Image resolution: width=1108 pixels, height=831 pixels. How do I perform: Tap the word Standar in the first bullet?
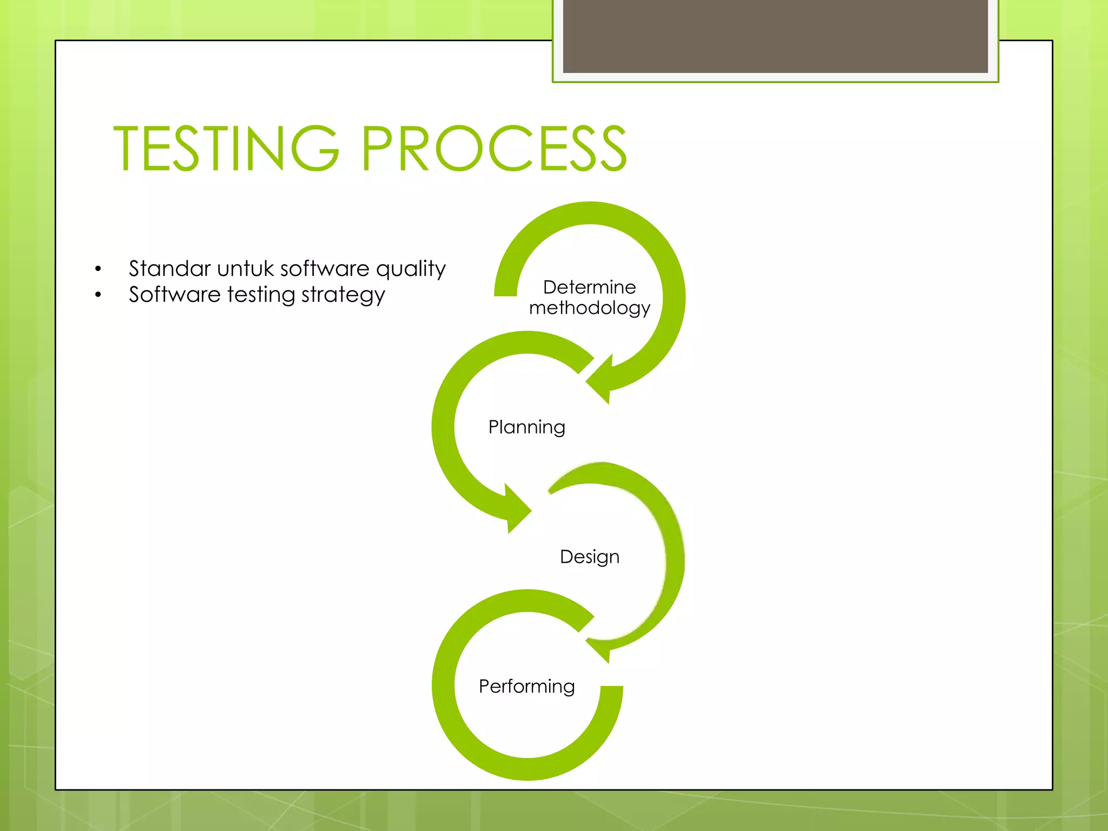coord(169,269)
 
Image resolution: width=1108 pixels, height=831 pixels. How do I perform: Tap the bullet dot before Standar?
coord(98,269)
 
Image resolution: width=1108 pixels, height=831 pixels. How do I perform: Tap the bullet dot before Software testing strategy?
coord(98,295)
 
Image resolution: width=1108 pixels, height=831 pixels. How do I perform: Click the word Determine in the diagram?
coord(589,287)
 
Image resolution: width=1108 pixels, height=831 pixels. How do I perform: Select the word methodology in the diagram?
coord(589,308)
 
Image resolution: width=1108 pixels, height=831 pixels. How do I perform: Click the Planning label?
coord(526,427)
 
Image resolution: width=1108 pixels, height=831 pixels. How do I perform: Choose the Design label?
coord(589,557)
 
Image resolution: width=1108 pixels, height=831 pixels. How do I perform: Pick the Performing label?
coord(526,687)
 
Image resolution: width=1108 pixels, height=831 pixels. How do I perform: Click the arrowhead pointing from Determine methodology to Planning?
coord(602,381)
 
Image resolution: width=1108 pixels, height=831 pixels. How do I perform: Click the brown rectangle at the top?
coord(775,36)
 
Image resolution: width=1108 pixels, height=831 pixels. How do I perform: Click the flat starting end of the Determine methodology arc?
coord(506,292)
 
